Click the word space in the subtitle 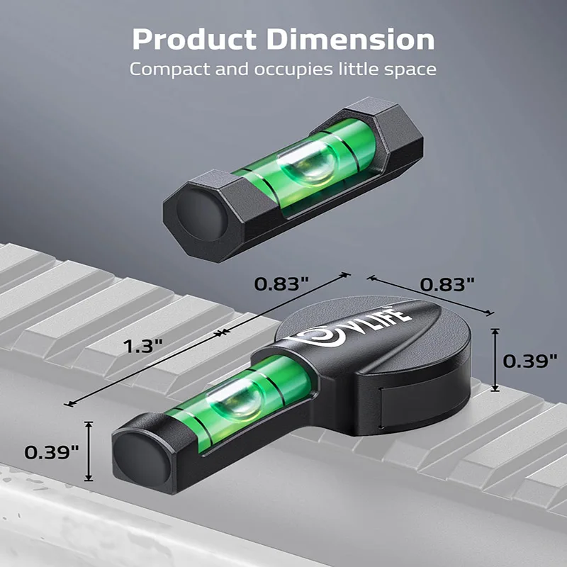pos(411,69)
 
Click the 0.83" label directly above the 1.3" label pos(281,283)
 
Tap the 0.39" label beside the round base pos(530,360)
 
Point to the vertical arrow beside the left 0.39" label pos(89,451)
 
